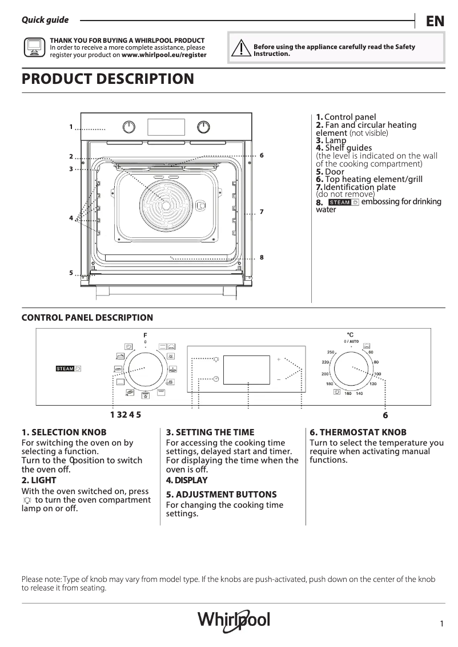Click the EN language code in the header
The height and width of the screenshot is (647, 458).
click(435, 21)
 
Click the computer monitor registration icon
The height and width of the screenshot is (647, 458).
click(34, 48)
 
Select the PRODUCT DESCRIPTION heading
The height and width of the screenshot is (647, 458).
click(107, 79)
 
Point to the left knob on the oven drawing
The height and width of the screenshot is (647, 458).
click(130, 127)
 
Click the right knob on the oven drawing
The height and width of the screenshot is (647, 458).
click(203, 127)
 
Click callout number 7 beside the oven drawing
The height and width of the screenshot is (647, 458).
click(261, 212)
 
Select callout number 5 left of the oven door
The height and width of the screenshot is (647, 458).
click(71, 273)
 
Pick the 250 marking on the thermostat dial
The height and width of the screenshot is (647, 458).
click(330, 352)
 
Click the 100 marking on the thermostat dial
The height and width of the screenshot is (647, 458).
click(377, 374)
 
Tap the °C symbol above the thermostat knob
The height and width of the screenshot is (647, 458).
click(350, 334)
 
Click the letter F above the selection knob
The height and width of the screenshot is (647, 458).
click(145, 334)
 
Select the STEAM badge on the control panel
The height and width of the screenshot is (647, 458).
click(69, 368)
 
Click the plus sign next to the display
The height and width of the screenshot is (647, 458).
click(279, 360)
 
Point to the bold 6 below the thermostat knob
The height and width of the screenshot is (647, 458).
click(385, 415)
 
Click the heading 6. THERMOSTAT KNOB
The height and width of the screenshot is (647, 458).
click(357, 432)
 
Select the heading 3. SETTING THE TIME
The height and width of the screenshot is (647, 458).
click(210, 432)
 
